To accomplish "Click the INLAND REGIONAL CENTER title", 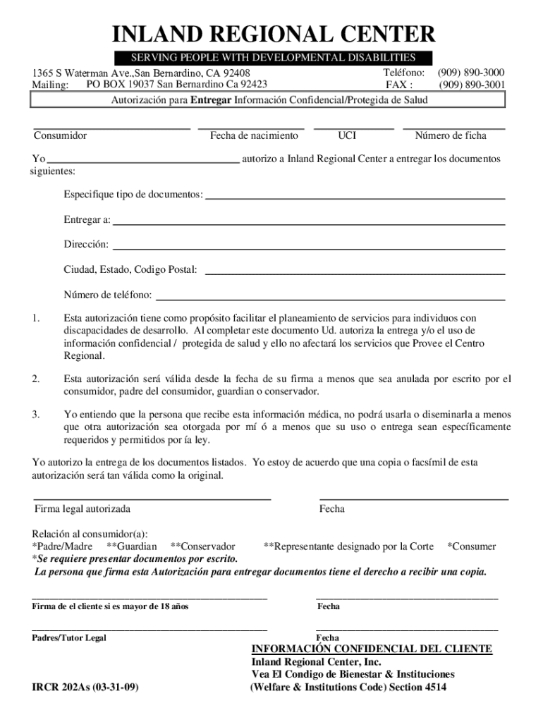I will point(271,34).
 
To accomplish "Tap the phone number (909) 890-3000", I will point(471,73).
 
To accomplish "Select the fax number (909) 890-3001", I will point(472,85).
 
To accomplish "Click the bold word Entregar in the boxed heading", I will point(212,100).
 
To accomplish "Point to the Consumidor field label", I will point(61,135).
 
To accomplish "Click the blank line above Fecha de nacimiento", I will point(251,129).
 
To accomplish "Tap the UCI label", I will point(347,135).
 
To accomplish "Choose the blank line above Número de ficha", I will point(453,129).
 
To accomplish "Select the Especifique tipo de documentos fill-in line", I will point(355,199).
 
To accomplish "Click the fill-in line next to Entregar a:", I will point(309,224).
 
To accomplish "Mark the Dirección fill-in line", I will point(309,249).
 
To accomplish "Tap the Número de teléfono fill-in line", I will point(331,299).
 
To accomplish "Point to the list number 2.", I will point(35,379).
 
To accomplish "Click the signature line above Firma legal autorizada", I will point(152,499).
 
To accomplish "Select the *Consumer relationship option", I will point(472,546).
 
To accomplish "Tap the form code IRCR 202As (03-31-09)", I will point(85,687).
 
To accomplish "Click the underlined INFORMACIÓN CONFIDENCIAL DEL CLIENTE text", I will point(372,649).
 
